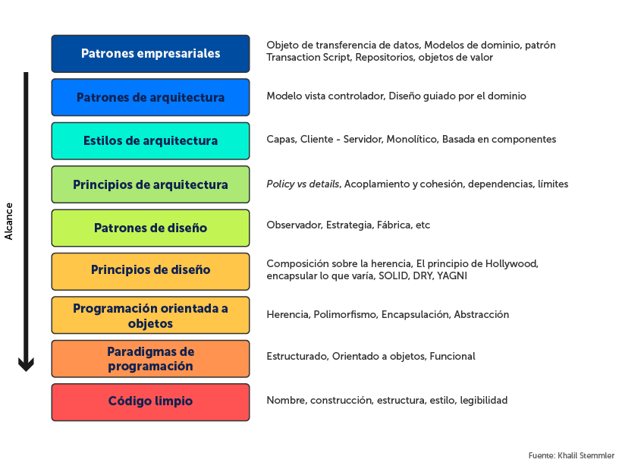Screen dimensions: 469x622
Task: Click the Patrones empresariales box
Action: (150, 54)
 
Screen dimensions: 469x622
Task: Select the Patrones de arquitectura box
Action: (150, 97)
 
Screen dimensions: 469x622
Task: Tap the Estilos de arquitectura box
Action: (150, 140)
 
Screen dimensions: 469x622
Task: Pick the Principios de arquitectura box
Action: (150, 184)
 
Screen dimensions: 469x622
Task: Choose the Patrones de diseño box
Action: (150, 228)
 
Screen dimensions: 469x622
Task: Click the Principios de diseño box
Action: (150, 270)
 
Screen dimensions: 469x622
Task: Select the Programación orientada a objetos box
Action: (150, 316)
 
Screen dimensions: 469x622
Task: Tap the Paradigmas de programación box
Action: (150, 359)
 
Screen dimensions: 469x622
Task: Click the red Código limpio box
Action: (150, 401)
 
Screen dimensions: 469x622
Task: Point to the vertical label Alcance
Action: (9, 221)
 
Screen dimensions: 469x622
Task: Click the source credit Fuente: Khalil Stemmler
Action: (571, 455)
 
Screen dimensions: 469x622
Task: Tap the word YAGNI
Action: (452, 276)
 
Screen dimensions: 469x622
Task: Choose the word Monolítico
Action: (412, 140)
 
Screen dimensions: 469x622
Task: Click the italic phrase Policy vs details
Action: (303, 184)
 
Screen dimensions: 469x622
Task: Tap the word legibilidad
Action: (483, 400)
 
